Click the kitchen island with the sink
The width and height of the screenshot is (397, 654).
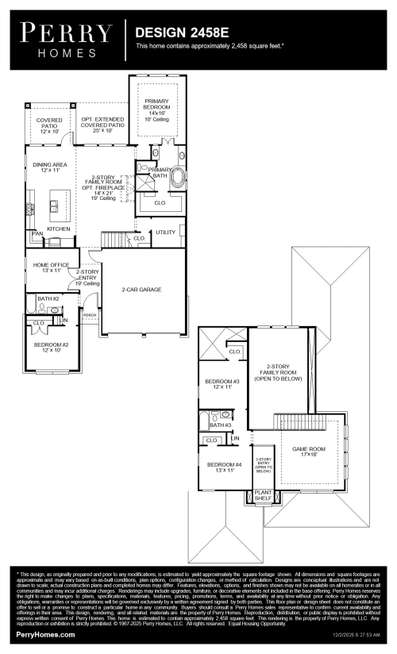click(54, 205)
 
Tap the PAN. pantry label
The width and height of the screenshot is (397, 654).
click(37, 234)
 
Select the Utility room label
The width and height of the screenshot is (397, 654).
click(166, 232)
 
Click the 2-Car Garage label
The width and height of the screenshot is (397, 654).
click(142, 290)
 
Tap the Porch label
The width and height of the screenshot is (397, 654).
click(90, 314)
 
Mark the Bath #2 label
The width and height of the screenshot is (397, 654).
click(48, 298)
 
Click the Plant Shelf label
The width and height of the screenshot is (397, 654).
click(263, 498)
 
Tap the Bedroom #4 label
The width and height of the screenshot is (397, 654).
click(224, 467)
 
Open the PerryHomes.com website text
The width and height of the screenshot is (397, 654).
click(45, 635)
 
